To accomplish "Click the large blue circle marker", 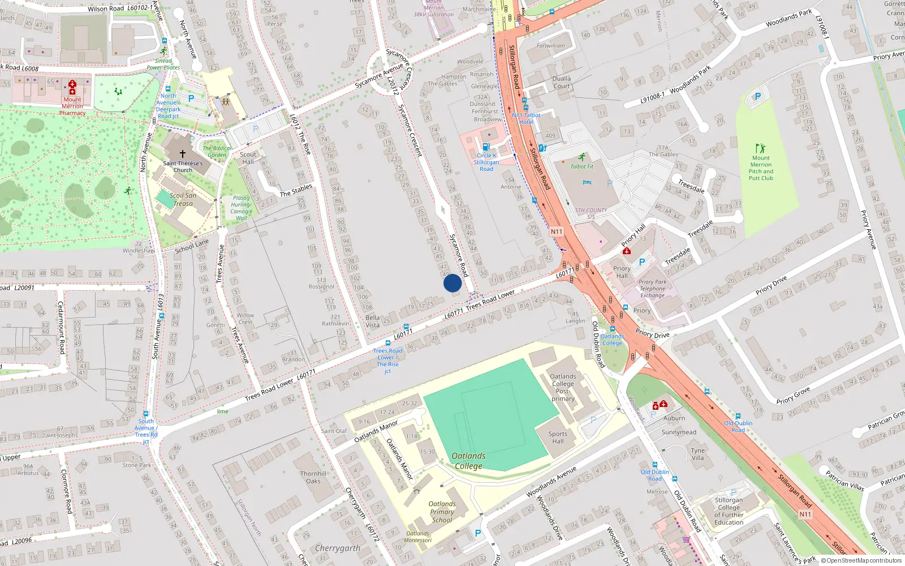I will click(x=453, y=283).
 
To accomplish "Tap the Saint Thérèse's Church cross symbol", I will click(x=183, y=153).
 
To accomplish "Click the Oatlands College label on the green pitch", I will click(x=468, y=461).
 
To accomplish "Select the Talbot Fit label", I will click(x=582, y=166).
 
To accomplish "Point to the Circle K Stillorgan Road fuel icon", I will click(x=485, y=147).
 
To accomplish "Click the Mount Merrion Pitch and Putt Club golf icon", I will click(x=760, y=148).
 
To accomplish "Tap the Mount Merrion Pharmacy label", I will click(x=72, y=106).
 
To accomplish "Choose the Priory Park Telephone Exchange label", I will click(x=652, y=289).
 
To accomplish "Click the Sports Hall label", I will click(x=558, y=438).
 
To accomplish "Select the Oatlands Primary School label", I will click(x=442, y=512).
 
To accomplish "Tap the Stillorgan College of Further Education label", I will click(x=729, y=511).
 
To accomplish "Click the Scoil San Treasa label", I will click(x=183, y=199).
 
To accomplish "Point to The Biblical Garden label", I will click(x=217, y=151).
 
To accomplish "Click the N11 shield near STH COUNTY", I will click(x=557, y=231).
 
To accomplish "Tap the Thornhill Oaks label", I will click(x=313, y=477).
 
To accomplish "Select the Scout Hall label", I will click(x=248, y=158).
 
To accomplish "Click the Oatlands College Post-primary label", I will click(x=563, y=387).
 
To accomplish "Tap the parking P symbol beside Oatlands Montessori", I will click(x=478, y=533).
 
